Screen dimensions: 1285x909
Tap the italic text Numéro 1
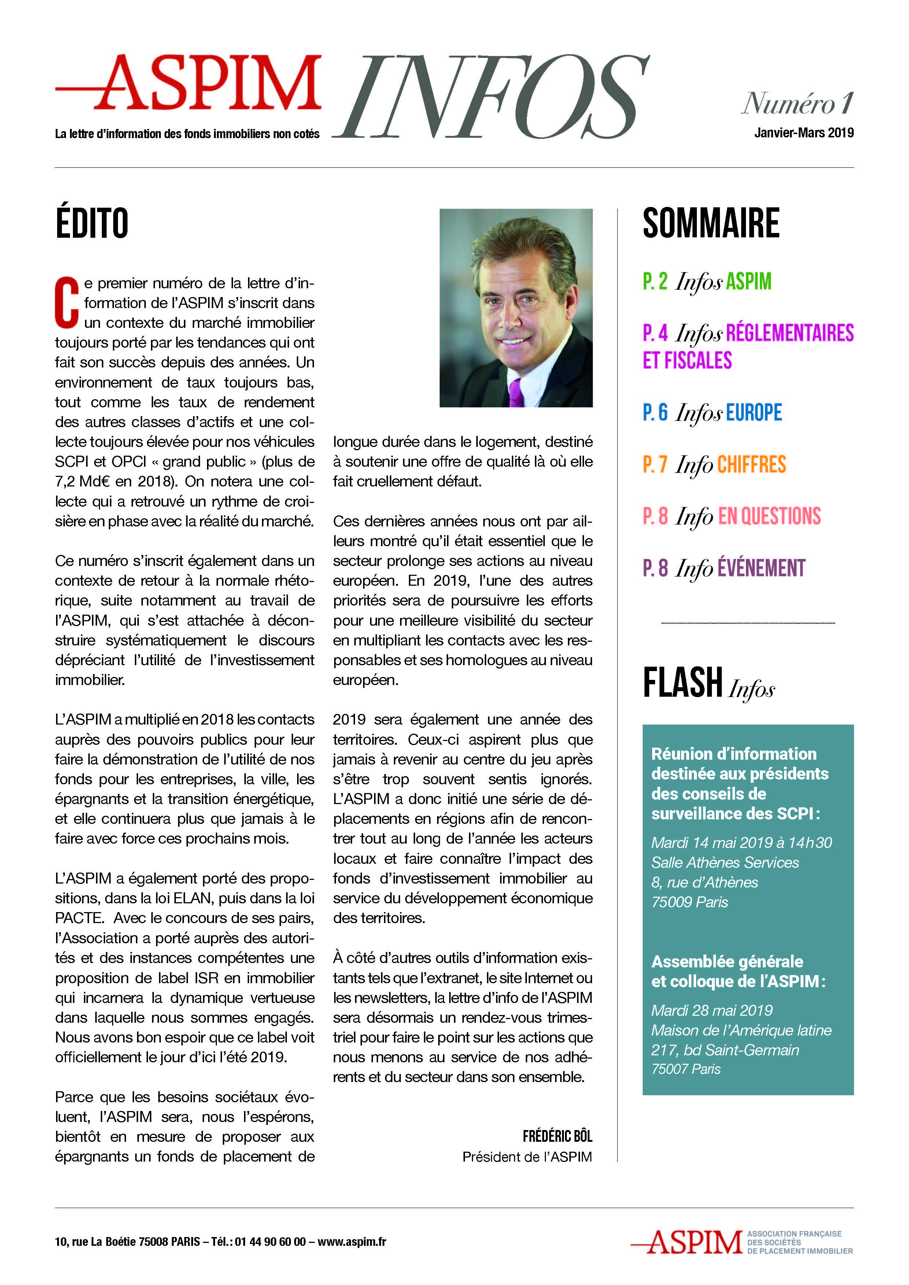pos(798,104)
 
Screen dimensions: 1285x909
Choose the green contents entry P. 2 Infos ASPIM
pos(707,282)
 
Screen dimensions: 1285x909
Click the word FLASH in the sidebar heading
pos(683,683)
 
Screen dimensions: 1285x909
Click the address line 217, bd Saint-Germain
pos(725,1050)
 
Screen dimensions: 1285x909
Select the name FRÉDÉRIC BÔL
pos(557,1136)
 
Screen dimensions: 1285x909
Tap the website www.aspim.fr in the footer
pos(352,1241)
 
